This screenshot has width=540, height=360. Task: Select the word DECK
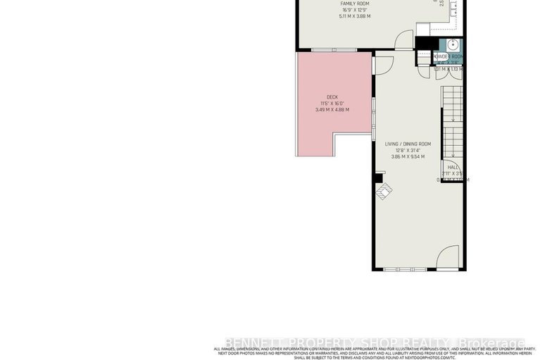[332, 97]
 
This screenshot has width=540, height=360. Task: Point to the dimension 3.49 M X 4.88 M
[332, 110]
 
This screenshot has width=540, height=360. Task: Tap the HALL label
[453, 167]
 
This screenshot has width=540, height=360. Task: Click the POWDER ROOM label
[448, 56]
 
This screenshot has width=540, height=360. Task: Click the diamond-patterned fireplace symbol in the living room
[384, 192]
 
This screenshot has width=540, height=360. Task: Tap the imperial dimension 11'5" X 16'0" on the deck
[332, 104]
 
